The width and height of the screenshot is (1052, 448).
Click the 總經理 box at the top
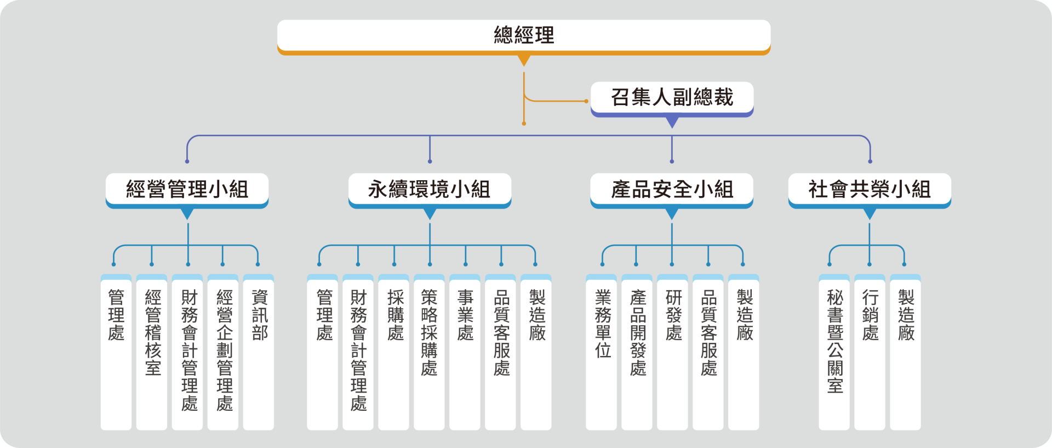524,36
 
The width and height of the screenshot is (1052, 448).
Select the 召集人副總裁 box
672,97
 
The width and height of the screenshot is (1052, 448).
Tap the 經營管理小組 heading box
187,189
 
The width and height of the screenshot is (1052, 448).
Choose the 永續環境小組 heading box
430,189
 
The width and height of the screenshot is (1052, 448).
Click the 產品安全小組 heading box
672,189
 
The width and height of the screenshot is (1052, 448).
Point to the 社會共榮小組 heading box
870,189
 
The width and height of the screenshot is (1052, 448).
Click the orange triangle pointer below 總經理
524,60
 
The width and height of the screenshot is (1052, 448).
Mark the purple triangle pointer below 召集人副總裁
672,122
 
